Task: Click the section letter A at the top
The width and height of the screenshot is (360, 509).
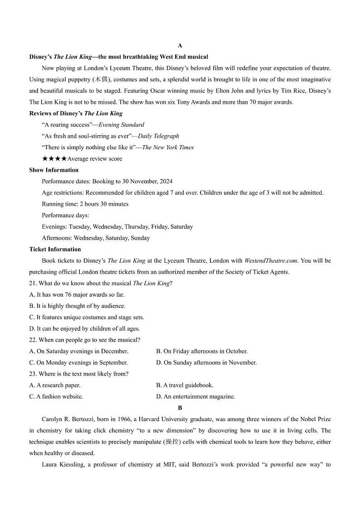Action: coord(180,45)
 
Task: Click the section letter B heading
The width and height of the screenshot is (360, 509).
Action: coord(180,408)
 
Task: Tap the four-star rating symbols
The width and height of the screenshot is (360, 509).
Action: coord(54,159)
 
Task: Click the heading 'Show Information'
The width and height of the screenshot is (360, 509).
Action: coord(54,170)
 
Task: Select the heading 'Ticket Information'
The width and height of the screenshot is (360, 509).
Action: coord(55,249)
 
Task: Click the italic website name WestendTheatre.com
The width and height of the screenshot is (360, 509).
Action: coord(271,260)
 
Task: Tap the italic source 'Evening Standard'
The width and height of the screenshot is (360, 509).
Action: coord(121,125)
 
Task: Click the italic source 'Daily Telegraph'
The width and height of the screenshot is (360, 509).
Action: coord(158,136)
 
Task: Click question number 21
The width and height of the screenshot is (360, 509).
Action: coord(33,283)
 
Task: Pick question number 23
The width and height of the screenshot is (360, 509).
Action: coord(33,374)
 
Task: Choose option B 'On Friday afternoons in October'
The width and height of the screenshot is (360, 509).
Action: coord(202,351)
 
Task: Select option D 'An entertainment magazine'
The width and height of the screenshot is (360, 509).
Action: coord(195,396)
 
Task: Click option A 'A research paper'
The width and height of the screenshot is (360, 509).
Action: coord(55,385)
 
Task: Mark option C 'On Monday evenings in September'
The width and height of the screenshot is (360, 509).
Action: coord(78,362)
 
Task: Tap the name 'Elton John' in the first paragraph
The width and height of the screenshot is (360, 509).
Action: coord(230,91)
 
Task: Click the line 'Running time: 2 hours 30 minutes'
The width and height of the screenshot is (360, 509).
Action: coord(85,204)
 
